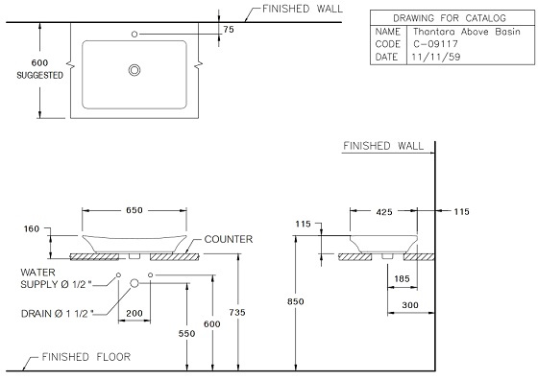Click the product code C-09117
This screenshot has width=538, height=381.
[x=435, y=44]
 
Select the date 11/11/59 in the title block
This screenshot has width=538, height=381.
[x=436, y=57]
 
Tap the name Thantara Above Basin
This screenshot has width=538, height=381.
[x=467, y=32]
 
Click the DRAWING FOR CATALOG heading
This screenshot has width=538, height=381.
[x=450, y=18]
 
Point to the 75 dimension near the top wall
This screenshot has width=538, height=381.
[x=229, y=30]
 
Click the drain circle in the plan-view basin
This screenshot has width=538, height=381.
[x=134, y=70]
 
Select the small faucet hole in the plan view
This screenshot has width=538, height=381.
[x=134, y=35]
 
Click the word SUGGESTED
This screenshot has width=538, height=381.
[x=39, y=76]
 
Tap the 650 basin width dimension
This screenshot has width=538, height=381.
[x=134, y=210]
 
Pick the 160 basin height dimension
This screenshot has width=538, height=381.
[x=32, y=228]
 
